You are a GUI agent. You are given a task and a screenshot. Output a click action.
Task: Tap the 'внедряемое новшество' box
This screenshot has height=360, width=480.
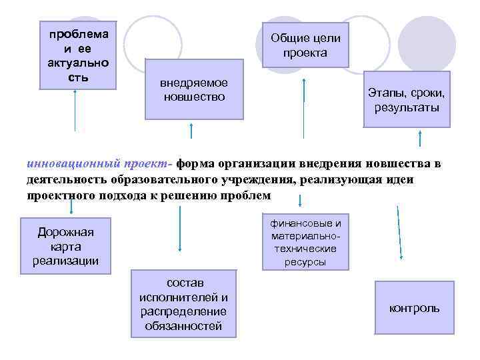click(194, 90)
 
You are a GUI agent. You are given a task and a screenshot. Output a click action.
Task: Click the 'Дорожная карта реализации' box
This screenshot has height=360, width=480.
click(65, 245)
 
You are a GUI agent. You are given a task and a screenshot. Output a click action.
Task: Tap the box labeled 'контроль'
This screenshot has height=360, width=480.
click(414, 308)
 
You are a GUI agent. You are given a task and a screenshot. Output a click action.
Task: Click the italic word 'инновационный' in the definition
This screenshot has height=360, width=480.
click(63, 164)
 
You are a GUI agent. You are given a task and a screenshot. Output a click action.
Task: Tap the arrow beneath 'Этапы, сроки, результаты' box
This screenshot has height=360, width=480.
click(421, 139)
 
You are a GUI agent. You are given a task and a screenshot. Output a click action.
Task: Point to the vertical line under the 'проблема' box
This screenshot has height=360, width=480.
click(75, 110)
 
